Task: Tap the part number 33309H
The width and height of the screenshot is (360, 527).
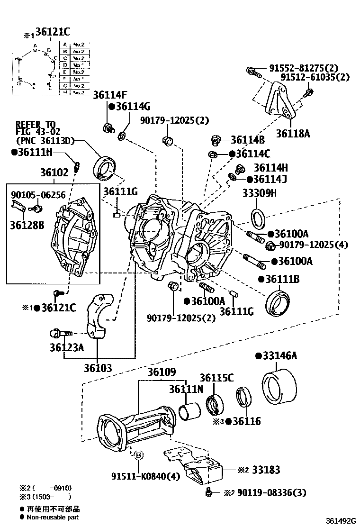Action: pyautogui.click(x=259, y=193)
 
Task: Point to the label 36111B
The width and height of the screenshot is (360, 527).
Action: pyautogui.click(x=282, y=280)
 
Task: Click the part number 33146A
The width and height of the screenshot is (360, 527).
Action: pyautogui.click(x=279, y=356)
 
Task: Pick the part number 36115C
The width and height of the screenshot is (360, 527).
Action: pyautogui.click(x=216, y=378)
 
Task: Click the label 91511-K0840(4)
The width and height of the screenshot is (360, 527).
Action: pyautogui.click(x=139, y=476)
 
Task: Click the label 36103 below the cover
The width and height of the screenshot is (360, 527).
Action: pyautogui.click(x=98, y=368)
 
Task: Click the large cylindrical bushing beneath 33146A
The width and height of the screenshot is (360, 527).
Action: pyautogui.click(x=279, y=386)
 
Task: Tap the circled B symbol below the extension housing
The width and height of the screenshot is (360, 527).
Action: pyautogui.click(x=138, y=455)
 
